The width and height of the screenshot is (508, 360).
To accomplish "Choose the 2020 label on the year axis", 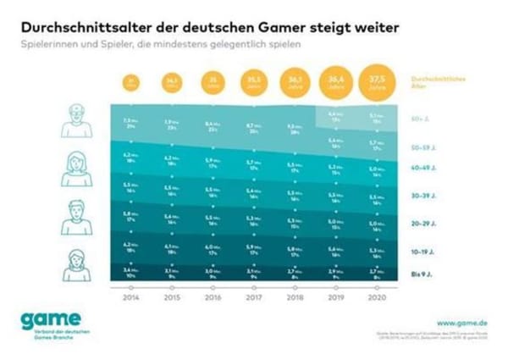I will pyautogui.click(x=373, y=298).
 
